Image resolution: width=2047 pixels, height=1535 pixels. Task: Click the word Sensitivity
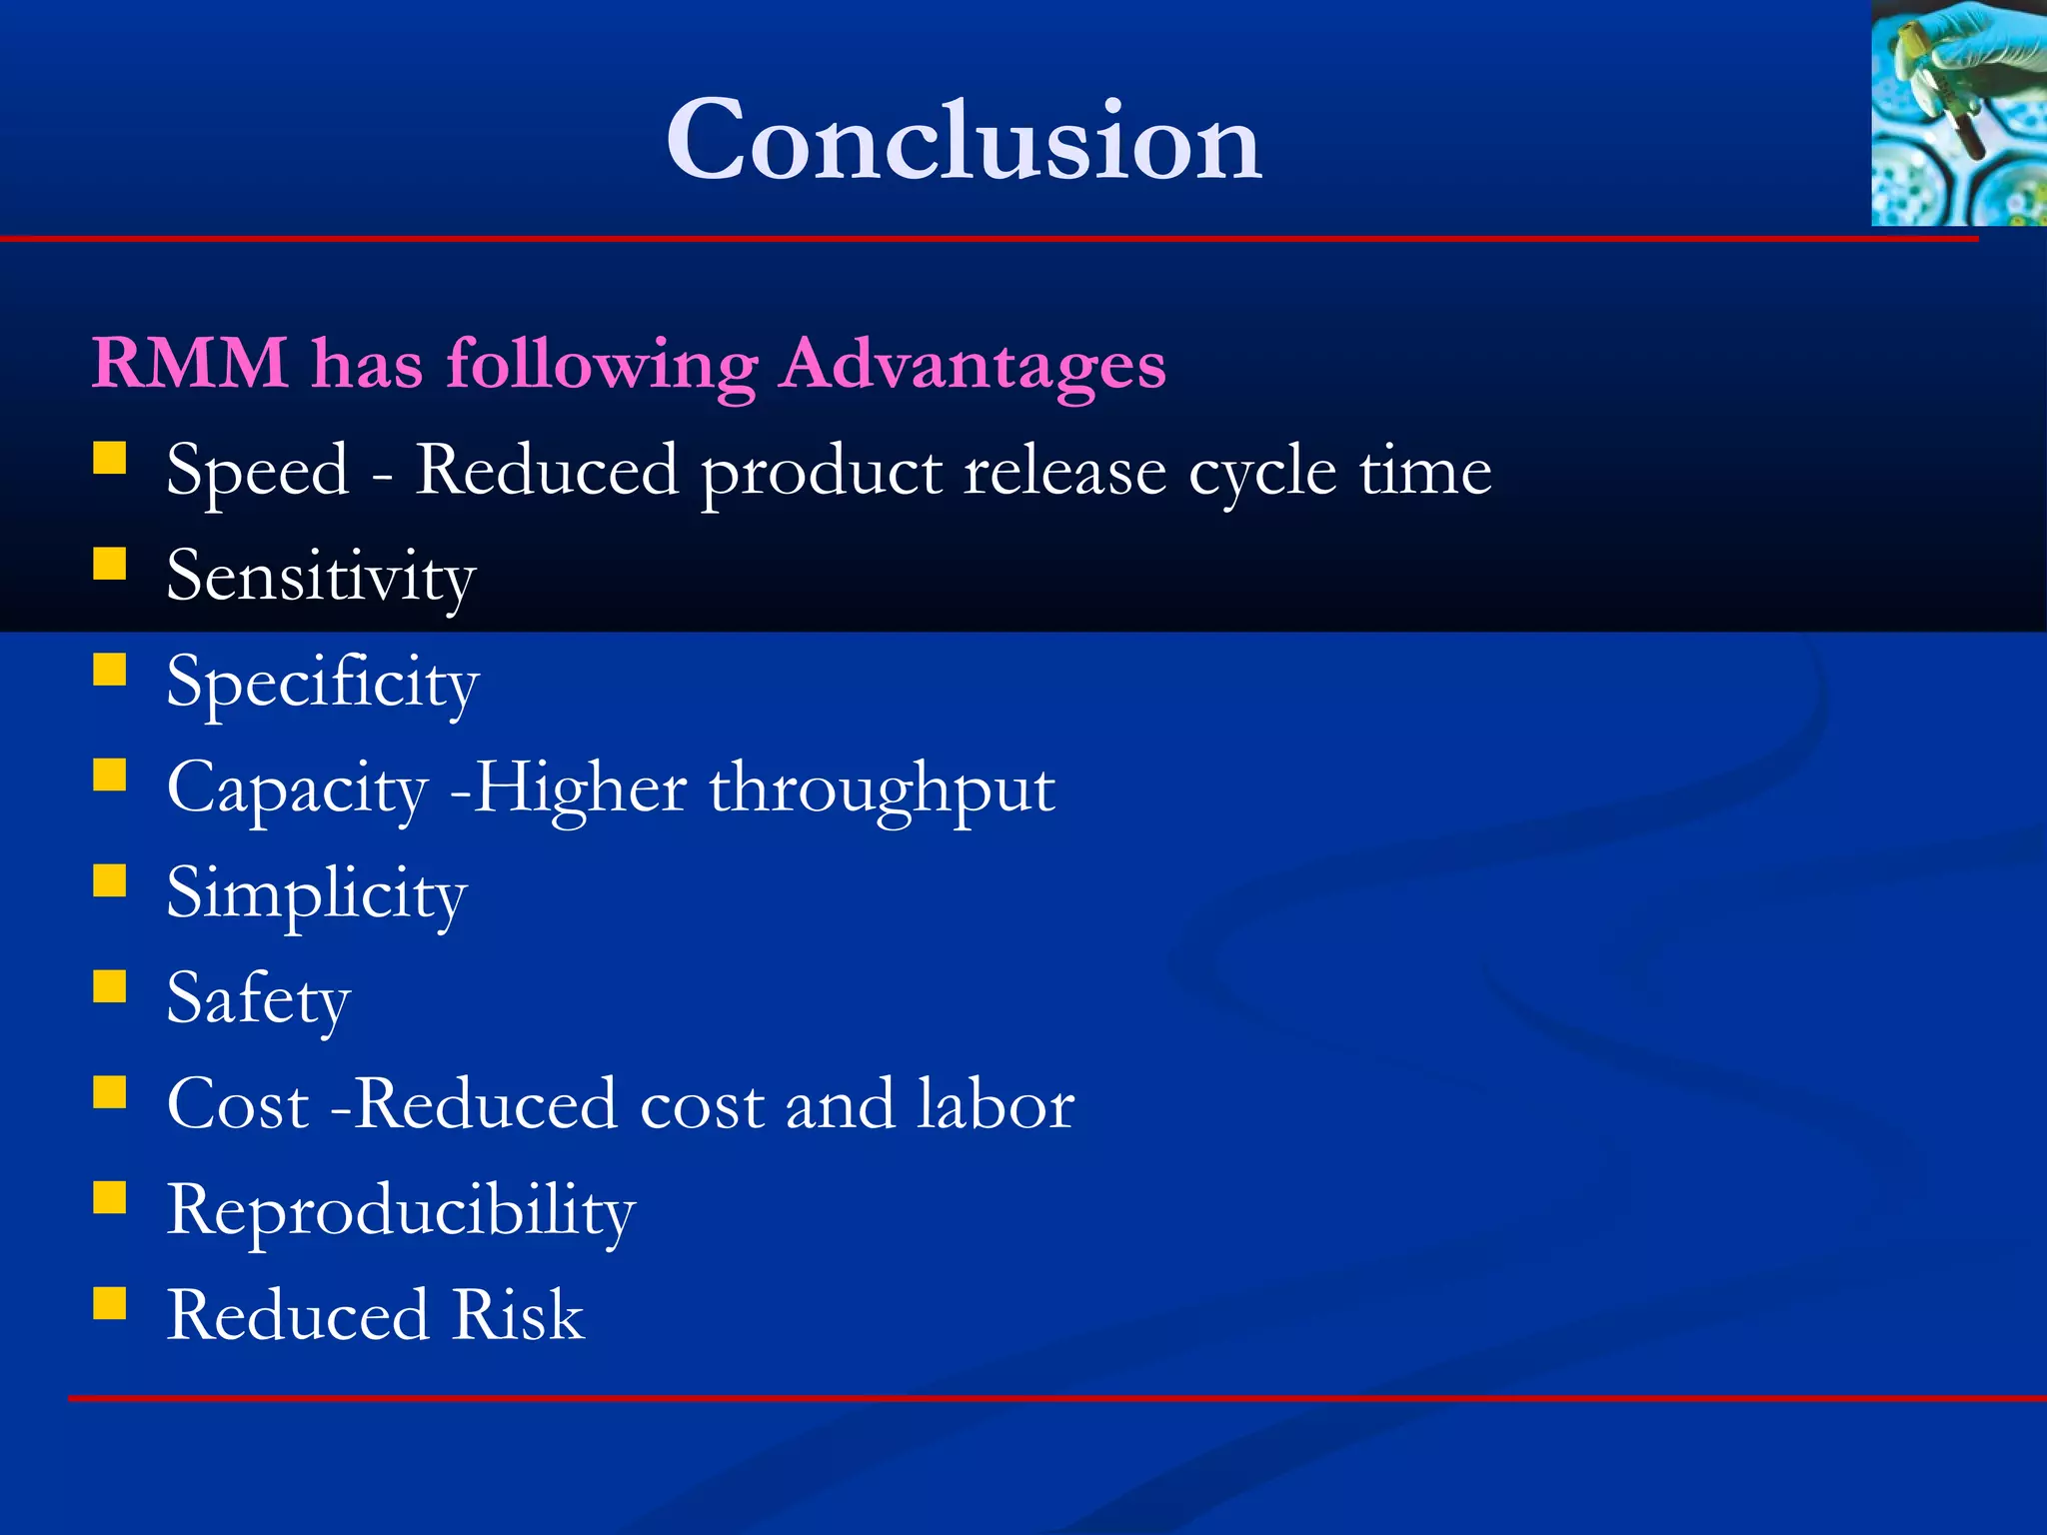(321, 578)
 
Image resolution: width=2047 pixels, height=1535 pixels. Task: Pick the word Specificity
(323, 684)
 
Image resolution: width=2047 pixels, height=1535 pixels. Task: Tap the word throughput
(882, 789)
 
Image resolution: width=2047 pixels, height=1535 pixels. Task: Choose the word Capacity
(297, 789)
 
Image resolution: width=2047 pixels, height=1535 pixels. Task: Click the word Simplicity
(316, 894)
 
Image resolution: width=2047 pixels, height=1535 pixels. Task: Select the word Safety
(258, 999)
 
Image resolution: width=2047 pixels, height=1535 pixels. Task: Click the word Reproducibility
(400, 1211)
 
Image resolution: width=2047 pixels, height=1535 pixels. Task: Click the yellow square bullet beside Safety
(110, 986)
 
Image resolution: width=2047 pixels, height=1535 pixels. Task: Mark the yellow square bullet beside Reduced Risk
(110, 1303)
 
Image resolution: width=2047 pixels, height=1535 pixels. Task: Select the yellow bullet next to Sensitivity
(110, 564)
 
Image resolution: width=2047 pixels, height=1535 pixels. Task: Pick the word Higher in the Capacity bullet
(580, 789)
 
